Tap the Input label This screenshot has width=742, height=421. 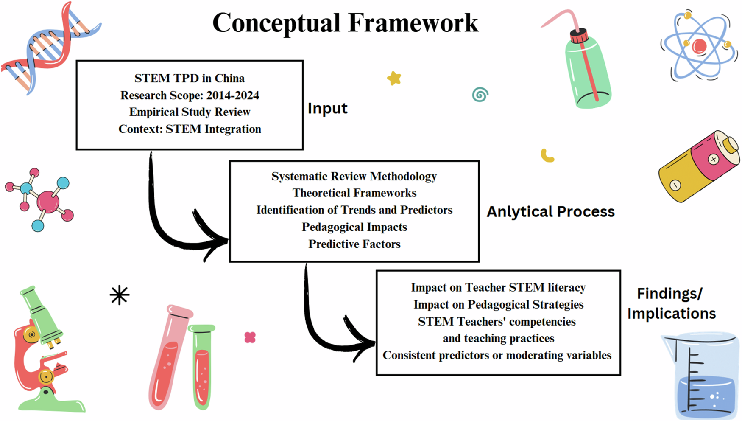pyautogui.click(x=327, y=109)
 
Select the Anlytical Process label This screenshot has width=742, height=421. pyautogui.click(x=550, y=211)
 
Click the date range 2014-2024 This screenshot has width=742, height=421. pyautogui.click(x=233, y=95)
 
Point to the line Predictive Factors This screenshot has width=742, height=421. pyautogui.click(x=354, y=244)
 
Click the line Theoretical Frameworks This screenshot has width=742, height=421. pyautogui.click(x=354, y=193)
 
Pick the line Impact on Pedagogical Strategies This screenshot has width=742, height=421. pyautogui.click(x=499, y=305)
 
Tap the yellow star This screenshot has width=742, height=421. pyautogui.click(x=394, y=78)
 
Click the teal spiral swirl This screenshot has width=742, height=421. pyautogui.click(x=480, y=95)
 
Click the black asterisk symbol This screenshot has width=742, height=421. pyautogui.click(x=120, y=295)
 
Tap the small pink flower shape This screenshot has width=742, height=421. pyautogui.click(x=250, y=337)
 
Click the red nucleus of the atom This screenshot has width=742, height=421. pyautogui.click(x=699, y=46)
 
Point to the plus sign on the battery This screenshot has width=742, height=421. pyautogui.click(x=714, y=160)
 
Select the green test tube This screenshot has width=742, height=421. pyautogui.click(x=202, y=366)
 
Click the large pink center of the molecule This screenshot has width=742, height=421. pyautogui.click(x=48, y=201)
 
